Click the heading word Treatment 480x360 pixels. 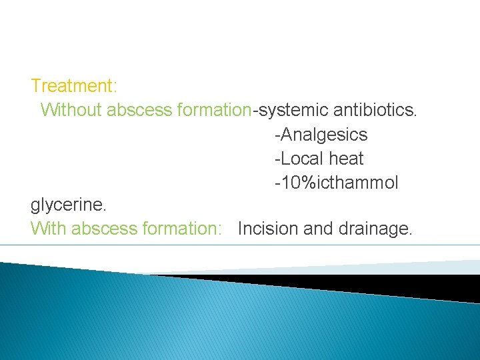tap(73, 86)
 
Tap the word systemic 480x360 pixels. tap(291, 110)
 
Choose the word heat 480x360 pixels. tap(346, 159)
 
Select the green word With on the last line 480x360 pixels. tap(49, 229)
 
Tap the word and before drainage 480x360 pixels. tap(318, 229)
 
